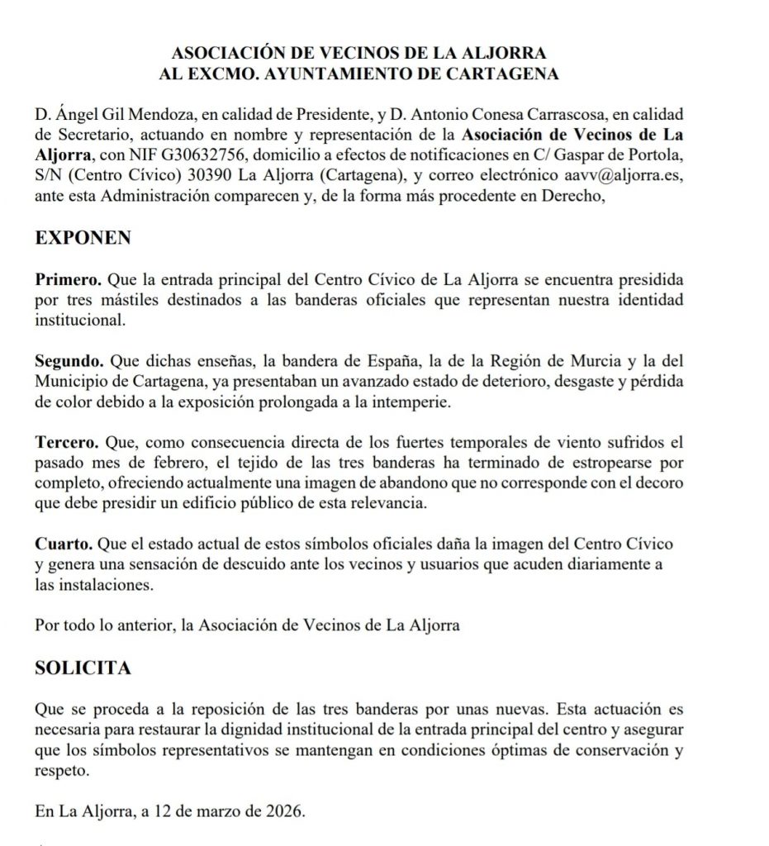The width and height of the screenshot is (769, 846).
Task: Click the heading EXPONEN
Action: coord(83,238)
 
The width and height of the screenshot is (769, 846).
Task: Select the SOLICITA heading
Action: coord(83,668)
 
